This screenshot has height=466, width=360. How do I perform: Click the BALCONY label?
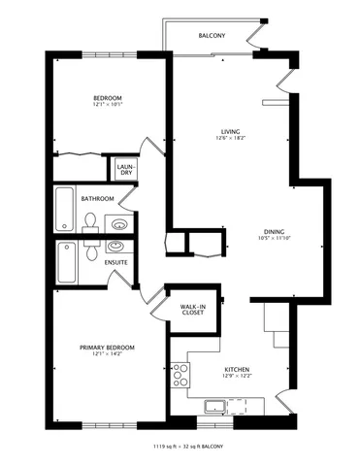[x=213, y=35]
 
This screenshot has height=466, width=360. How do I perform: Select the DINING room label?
[x=275, y=231]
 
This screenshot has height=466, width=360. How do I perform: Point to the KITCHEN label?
[x=239, y=370]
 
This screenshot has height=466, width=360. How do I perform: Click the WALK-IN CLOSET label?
[x=192, y=310]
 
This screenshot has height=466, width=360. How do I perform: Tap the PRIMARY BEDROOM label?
[x=107, y=347]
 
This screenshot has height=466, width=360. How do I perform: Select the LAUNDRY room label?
[x=125, y=170]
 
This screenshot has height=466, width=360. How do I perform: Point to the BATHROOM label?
[x=97, y=199]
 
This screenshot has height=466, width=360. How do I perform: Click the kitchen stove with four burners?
[x=180, y=375]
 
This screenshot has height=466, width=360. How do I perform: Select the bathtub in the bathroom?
[x=64, y=206]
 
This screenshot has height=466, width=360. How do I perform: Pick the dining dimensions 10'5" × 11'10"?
[x=275, y=240]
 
